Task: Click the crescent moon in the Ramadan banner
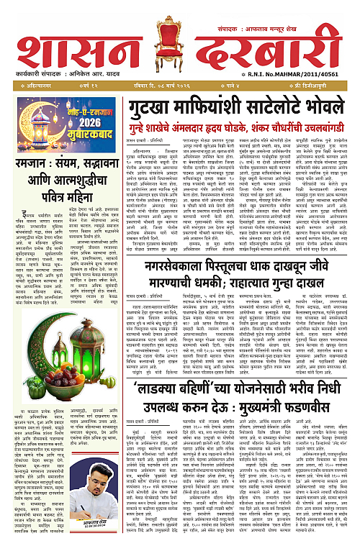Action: click(x=30, y=119)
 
